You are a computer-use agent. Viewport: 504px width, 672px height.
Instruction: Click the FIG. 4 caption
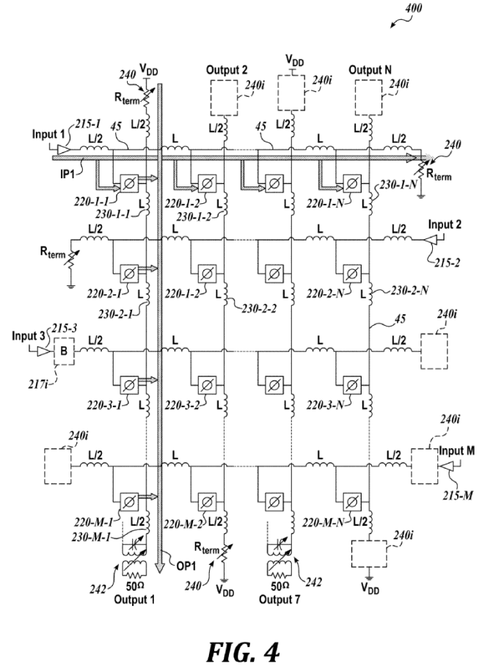(243, 652)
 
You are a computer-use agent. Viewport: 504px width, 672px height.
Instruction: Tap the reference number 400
(413, 8)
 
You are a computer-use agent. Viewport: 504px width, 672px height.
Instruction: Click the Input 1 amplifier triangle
(63, 150)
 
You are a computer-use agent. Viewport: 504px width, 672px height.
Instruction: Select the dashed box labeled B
(64, 351)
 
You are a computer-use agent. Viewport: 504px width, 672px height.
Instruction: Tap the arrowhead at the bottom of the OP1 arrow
(159, 567)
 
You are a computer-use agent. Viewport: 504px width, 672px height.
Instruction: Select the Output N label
(370, 70)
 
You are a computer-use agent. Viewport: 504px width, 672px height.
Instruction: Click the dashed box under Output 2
(224, 98)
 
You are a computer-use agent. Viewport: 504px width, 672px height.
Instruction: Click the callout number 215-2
(447, 263)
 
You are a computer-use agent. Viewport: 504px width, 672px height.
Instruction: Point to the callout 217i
(38, 384)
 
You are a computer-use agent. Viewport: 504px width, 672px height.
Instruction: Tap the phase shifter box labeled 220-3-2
(207, 385)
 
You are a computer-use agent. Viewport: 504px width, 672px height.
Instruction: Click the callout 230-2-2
(259, 309)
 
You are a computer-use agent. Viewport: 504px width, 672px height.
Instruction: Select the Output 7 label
(280, 599)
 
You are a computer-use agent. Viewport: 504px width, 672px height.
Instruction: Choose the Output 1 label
(134, 599)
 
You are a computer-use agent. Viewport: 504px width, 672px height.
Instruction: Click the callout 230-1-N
(398, 185)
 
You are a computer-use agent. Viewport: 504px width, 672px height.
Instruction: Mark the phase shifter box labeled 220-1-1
(128, 184)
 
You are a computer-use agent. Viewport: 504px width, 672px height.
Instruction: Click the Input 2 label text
(445, 224)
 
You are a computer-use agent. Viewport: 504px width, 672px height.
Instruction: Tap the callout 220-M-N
(323, 522)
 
